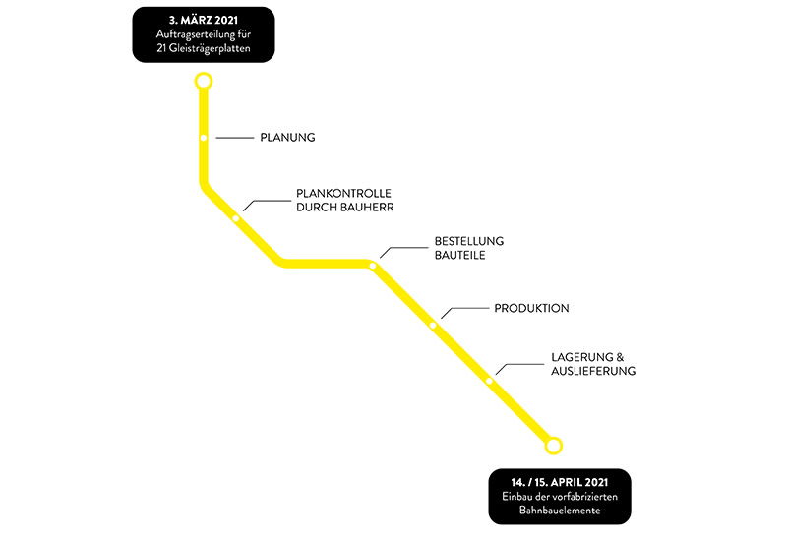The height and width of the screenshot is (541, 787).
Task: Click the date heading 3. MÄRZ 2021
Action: [203, 19]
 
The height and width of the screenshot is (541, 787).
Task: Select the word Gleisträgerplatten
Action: [210, 49]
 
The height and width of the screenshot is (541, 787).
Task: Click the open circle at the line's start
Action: [204, 81]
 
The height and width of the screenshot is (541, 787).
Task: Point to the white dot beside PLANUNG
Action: [204, 138]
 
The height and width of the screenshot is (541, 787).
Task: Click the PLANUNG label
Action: [287, 138]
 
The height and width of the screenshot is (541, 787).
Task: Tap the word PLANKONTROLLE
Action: [343, 193]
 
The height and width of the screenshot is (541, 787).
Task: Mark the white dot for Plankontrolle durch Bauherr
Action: [237, 218]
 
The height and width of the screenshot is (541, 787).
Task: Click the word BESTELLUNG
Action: [468, 241]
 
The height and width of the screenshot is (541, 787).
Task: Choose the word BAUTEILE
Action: [460, 256]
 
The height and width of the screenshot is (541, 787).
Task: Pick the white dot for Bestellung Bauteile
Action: [373, 266]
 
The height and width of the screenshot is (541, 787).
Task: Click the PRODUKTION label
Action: [531, 308]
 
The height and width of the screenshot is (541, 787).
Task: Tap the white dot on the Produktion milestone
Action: [433, 325]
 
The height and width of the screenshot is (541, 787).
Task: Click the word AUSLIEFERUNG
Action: [593, 371]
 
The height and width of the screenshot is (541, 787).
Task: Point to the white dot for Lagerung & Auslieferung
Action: [489, 380]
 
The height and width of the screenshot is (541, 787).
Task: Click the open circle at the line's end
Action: [554, 446]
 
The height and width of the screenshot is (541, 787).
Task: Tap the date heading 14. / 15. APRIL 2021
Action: [560, 483]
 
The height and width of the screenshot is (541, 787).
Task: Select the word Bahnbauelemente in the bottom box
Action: [559, 513]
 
